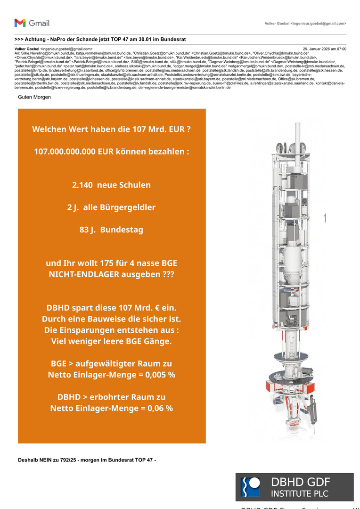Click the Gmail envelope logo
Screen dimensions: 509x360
click(20, 23)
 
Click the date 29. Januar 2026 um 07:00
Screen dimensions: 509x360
click(324, 49)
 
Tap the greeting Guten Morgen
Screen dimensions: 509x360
click(34, 97)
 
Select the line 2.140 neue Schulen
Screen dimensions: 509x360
click(112, 185)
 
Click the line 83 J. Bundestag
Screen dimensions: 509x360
click(112, 230)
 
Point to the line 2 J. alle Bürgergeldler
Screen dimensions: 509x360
click(112, 207)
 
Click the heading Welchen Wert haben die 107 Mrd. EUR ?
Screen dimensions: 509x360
click(112, 129)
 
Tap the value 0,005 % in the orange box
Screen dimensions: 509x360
click(159, 375)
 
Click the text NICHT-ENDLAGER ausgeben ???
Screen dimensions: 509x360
click(112, 274)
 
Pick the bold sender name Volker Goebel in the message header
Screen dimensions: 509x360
click(27, 49)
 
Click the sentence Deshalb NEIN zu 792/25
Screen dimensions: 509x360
click(87, 460)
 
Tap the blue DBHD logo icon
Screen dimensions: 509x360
click(250, 487)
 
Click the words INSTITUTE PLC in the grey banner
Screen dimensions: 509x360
click(300, 494)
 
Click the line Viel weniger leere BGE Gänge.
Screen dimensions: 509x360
click(112, 341)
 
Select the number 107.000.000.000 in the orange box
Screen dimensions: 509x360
click(65, 152)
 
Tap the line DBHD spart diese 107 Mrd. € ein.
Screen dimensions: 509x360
click(112, 308)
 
